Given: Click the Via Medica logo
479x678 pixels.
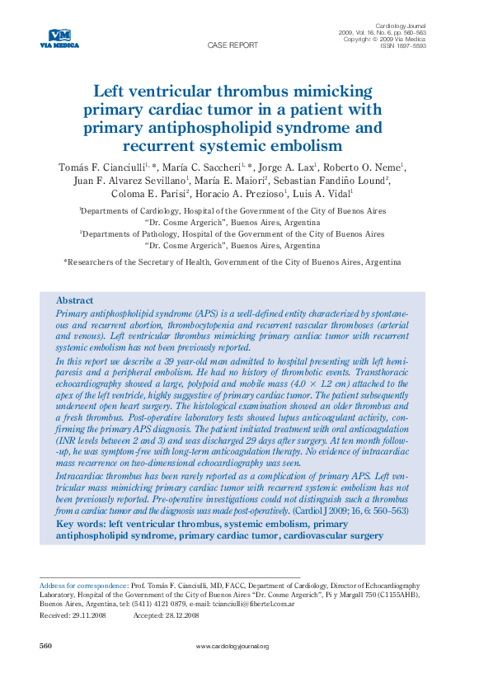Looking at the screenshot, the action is [x=60, y=38].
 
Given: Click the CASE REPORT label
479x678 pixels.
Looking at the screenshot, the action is [x=232, y=45].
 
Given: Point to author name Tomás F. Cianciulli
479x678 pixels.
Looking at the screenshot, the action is [x=101, y=167].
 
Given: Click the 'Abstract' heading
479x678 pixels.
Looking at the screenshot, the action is [x=74, y=300].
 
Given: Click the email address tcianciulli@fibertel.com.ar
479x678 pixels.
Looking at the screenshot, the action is [x=253, y=604].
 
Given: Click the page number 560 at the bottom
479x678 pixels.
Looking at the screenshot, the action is [x=46, y=646].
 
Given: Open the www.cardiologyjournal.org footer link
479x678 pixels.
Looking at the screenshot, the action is [x=232, y=647].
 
